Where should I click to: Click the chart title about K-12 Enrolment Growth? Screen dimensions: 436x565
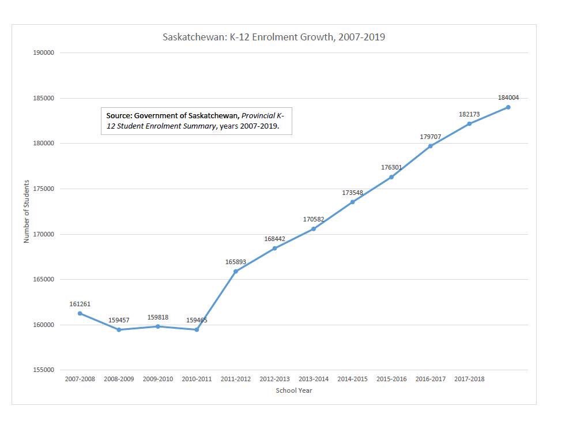(274, 37)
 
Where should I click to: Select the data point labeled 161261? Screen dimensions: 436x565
(80, 313)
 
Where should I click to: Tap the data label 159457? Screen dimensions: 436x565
(119, 320)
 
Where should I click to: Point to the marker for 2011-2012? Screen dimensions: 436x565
(236, 271)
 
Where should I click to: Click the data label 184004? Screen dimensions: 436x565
(508, 98)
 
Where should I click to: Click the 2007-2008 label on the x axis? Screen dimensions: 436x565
(80, 379)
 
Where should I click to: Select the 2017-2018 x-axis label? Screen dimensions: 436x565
(469, 379)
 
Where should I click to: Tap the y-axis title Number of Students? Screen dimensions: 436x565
(27, 211)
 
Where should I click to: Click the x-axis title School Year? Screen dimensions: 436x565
(294, 390)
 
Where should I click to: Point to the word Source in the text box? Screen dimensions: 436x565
(119, 116)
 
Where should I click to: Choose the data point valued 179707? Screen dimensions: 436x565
(430, 146)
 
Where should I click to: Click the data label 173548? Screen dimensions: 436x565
(352, 193)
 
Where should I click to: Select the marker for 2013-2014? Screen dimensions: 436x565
(314, 229)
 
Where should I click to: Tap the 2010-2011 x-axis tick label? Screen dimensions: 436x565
(197, 379)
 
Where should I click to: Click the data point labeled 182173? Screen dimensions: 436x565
(469, 123)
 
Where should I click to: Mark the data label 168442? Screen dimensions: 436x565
(274, 239)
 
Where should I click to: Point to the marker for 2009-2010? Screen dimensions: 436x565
(158, 326)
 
